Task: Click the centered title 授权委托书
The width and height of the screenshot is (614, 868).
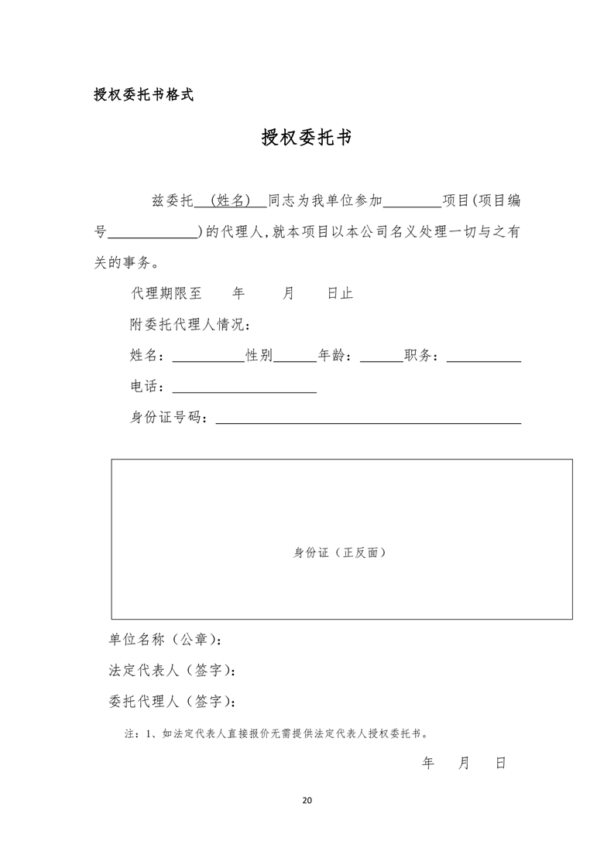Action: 307,138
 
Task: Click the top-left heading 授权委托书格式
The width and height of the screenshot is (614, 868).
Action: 143,96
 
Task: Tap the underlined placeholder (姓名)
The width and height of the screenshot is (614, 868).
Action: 230,201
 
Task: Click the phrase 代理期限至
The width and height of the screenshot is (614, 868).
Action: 166,294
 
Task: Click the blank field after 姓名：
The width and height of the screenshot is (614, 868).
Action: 207,357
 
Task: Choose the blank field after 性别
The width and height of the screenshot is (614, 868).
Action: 295,357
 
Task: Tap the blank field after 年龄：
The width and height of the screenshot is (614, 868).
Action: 382,357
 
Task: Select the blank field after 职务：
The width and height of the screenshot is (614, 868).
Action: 483,357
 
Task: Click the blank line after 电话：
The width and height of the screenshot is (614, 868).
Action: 244,388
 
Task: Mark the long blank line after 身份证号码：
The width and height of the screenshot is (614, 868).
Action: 368,419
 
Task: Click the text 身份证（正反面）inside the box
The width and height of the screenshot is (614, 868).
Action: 339,552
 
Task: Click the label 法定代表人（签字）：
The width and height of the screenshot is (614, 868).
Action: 172,671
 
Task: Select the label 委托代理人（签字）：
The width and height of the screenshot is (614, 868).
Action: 172,702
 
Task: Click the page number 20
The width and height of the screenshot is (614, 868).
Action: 307,800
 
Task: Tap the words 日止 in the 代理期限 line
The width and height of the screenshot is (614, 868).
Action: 340,294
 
